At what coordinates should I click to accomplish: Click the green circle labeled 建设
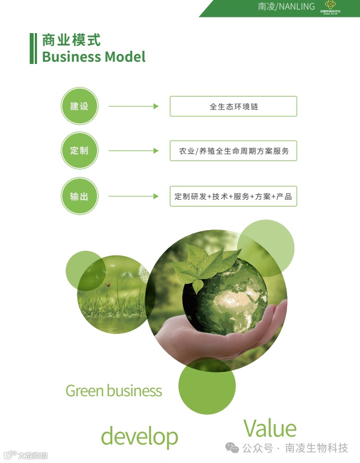(79, 106)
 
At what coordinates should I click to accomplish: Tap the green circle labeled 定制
(79, 151)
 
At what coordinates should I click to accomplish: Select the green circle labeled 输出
(79, 196)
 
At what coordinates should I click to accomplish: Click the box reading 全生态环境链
(233, 106)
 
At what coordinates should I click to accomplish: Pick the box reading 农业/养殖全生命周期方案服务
(233, 151)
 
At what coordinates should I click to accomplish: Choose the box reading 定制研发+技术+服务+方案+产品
(233, 196)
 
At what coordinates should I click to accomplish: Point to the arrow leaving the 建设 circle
(133, 106)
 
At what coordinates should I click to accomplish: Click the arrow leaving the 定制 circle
(133, 151)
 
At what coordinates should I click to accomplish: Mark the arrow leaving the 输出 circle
(133, 196)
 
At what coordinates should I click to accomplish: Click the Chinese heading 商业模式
(71, 40)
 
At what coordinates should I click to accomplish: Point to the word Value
(270, 428)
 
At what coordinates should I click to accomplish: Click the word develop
(139, 436)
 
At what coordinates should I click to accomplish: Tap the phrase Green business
(114, 391)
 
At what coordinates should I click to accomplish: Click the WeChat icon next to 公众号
(232, 448)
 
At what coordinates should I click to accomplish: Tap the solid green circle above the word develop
(207, 386)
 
